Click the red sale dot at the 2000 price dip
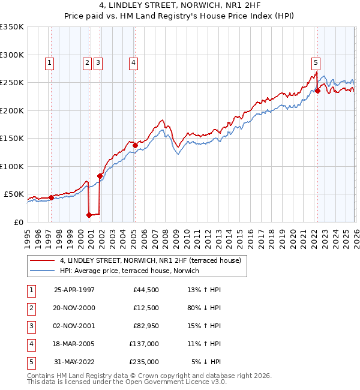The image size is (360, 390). [89, 215]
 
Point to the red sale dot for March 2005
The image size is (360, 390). [135, 145]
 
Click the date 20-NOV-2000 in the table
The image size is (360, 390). [74, 308]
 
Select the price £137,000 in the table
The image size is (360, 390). [144, 344]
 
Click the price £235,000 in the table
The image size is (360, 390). [144, 362]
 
